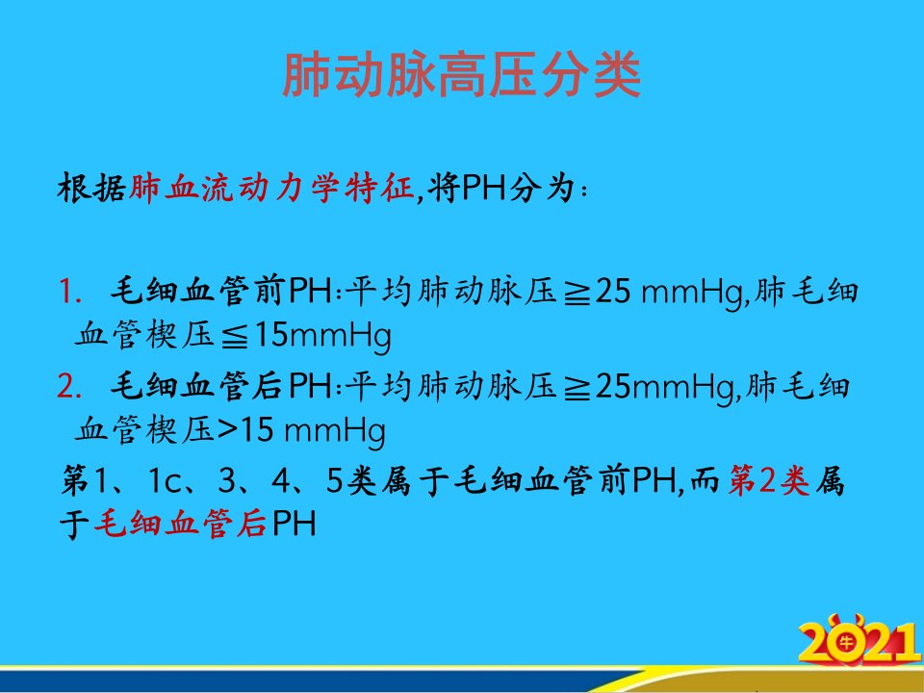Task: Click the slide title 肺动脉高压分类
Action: (x=461, y=75)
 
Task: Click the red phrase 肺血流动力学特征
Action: (x=271, y=189)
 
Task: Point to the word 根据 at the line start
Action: (x=92, y=189)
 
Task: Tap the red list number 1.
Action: (x=69, y=292)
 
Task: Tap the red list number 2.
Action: (x=69, y=387)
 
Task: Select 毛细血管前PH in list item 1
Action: (x=221, y=291)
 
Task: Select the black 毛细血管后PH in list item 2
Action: (x=221, y=387)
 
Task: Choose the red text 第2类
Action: (x=769, y=480)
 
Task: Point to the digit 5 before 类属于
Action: (x=334, y=481)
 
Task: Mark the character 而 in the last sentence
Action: (x=705, y=480)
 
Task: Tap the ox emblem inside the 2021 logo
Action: (x=846, y=642)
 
